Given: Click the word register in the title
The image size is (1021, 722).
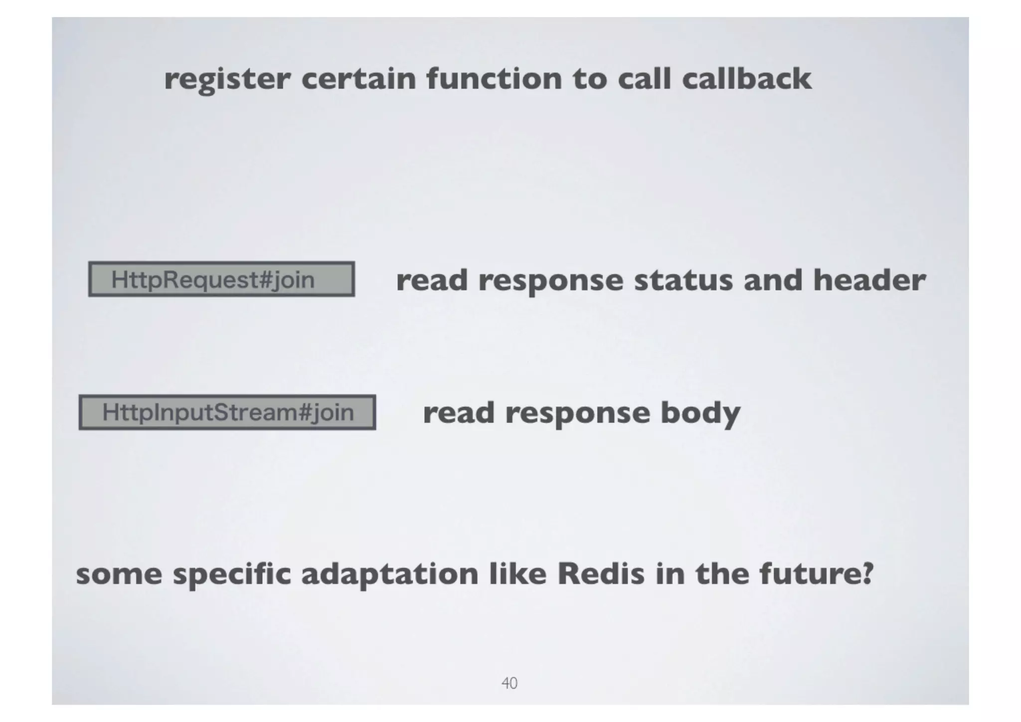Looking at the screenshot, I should click(x=227, y=80).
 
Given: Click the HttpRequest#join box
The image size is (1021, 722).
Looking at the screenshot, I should click(x=221, y=279).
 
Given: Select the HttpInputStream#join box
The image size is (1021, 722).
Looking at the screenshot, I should click(x=227, y=412).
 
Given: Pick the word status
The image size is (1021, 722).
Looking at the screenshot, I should click(x=683, y=280).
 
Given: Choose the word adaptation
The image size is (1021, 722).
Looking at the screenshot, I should click(x=389, y=574).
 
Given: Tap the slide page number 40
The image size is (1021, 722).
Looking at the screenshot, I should click(x=509, y=683).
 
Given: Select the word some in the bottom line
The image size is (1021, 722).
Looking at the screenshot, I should click(x=119, y=575).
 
